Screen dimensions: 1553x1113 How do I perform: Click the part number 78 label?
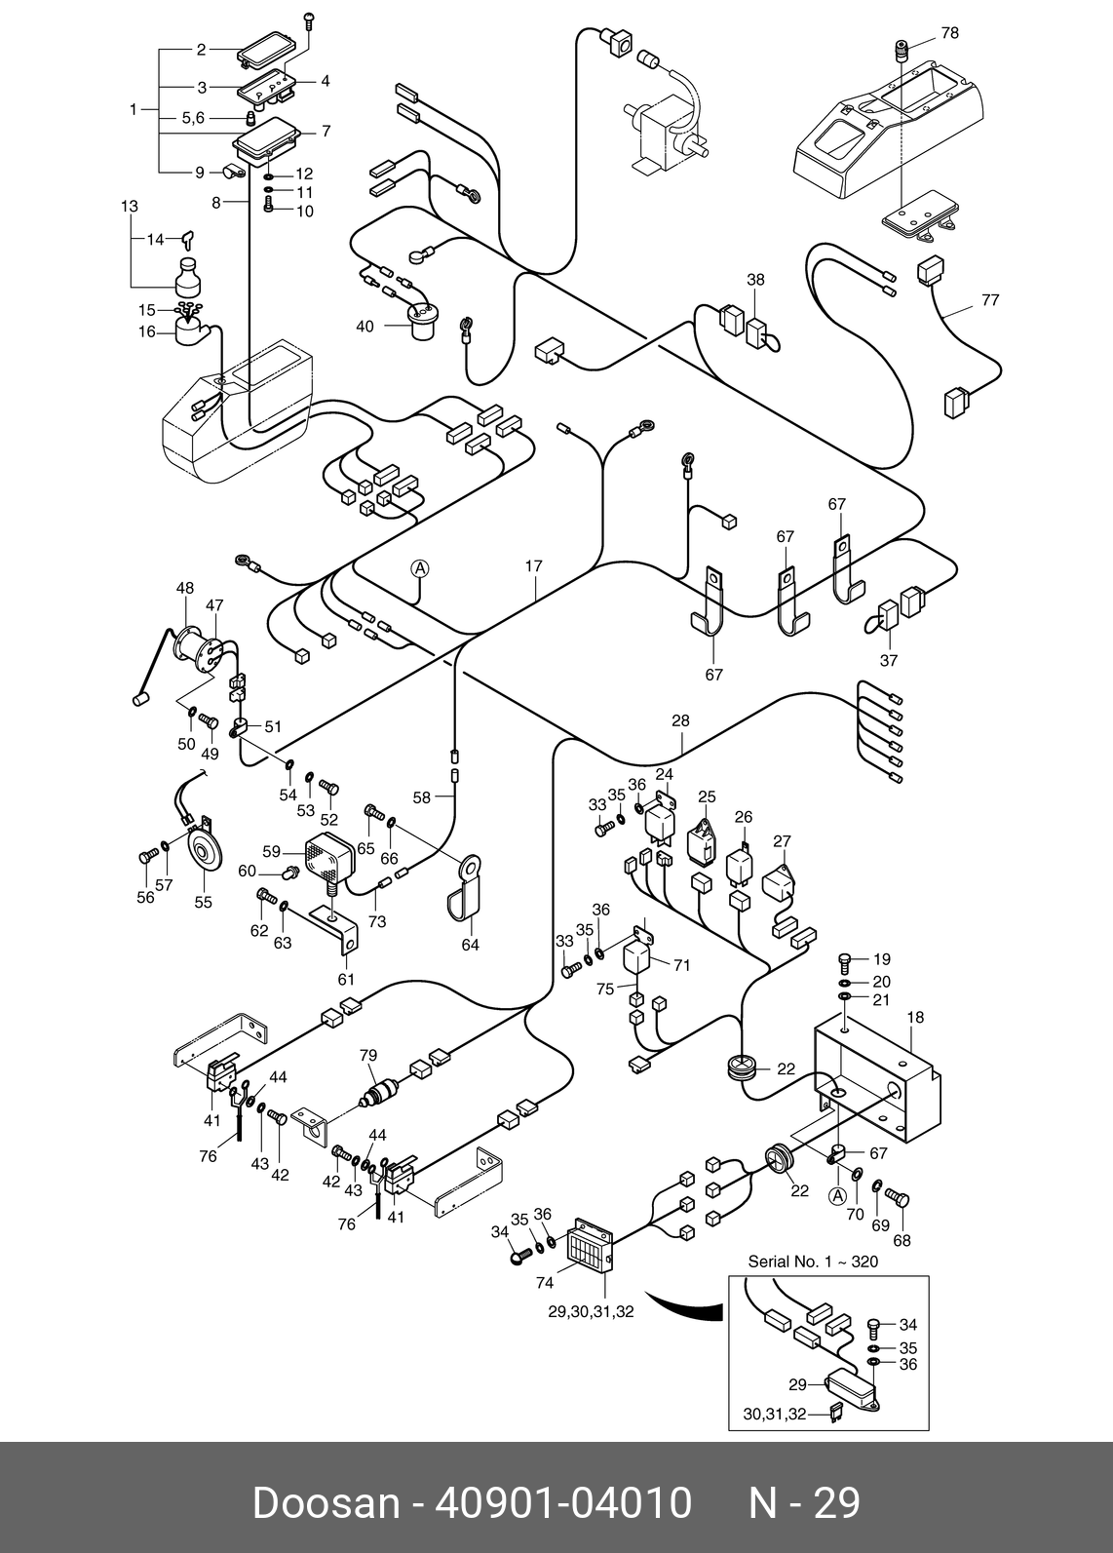(x=949, y=33)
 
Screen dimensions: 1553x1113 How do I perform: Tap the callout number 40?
(x=364, y=327)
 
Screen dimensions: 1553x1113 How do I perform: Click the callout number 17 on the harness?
(x=533, y=566)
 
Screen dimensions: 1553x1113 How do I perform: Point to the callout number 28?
(x=680, y=721)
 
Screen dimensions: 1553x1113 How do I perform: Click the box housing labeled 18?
(x=877, y=1077)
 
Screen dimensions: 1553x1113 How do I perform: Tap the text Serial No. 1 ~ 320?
(x=813, y=1262)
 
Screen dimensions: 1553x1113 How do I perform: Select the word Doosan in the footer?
(x=326, y=1503)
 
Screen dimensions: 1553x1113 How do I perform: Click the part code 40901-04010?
(x=562, y=1503)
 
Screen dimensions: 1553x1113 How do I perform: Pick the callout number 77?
(x=990, y=300)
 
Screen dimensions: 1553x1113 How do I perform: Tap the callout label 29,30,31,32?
(x=591, y=1312)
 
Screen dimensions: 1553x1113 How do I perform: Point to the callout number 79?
(x=367, y=1056)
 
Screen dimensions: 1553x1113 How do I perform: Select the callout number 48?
(x=185, y=588)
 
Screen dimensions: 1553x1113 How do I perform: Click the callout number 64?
(x=470, y=945)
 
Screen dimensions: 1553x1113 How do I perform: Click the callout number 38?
(x=755, y=280)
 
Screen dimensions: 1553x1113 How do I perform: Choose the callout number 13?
(x=130, y=207)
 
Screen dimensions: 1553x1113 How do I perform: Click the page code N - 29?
(x=804, y=1503)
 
